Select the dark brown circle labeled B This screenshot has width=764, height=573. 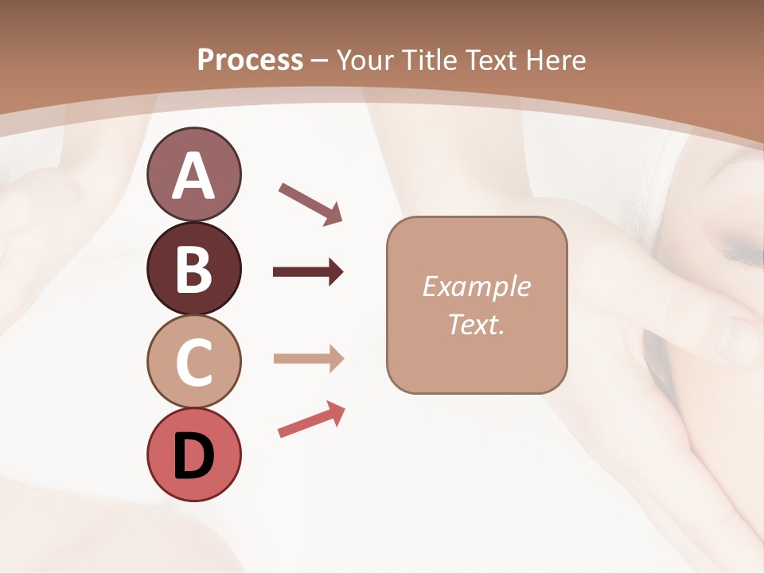click(x=193, y=268)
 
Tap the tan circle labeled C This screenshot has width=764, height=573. click(x=193, y=361)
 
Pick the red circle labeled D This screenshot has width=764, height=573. click(x=193, y=454)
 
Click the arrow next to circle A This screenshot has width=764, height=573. click(x=310, y=203)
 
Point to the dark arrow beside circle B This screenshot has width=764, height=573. click(x=308, y=272)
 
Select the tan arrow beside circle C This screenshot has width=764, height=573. click(x=308, y=359)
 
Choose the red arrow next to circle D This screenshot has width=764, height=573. click(x=311, y=419)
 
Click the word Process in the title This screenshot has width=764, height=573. click(x=250, y=60)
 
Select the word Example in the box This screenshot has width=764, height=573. click(x=476, y=286)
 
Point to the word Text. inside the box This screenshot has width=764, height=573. click(x=476, y=325)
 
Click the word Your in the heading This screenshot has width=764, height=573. click(x=364, y=60)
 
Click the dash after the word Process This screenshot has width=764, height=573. click(x=320, y=60)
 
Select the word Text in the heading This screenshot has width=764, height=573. click(x=489, y=60)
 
